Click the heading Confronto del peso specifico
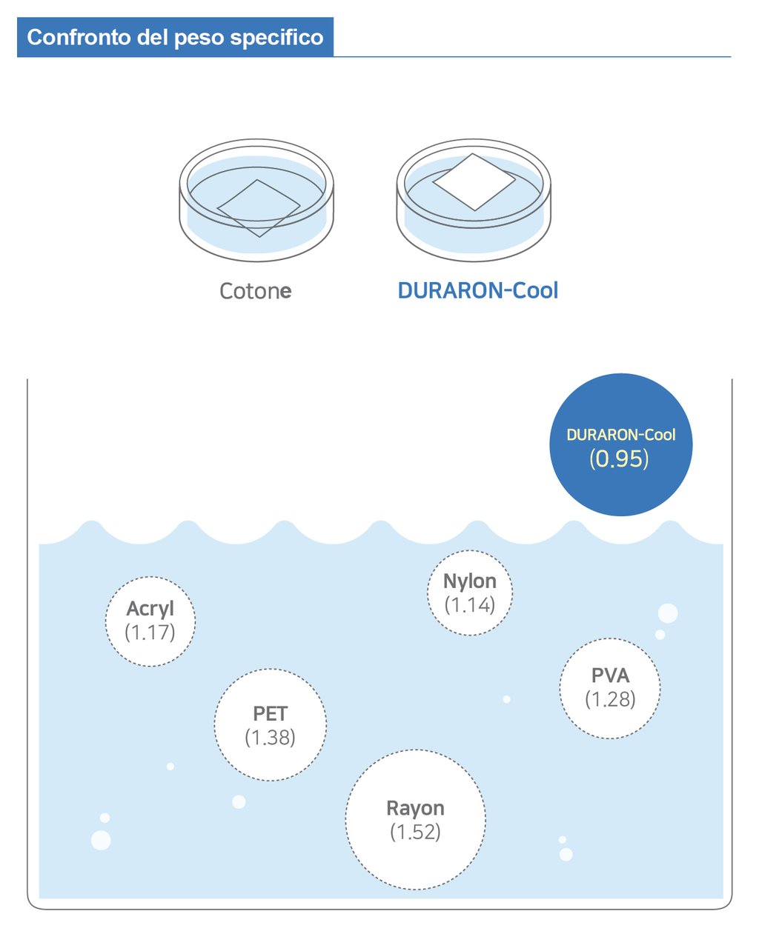click(175, 38)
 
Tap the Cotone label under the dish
click(255, 291)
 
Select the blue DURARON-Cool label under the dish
click(477, 290)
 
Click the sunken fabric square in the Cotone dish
click(258, 208)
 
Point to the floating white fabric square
click(474, 181)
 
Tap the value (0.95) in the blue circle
click(619, 459)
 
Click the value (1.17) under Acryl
click(150, 633)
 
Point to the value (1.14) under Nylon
click(470, 605)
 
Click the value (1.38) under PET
click(270, 738)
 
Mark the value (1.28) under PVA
click(610, 699)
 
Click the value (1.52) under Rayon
click(415, 832)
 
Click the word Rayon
click(415, 808)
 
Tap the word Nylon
click(470, 581)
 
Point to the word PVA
click(610, 675)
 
